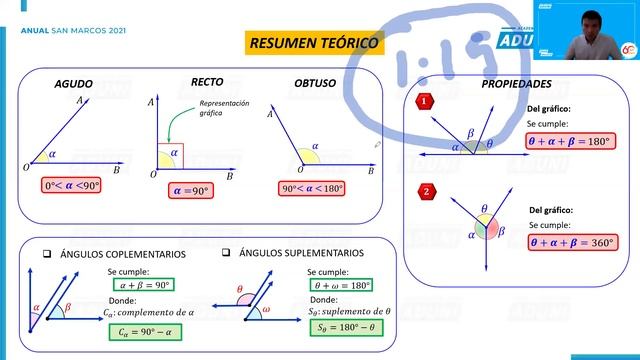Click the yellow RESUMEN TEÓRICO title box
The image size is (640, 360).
coord(313,44)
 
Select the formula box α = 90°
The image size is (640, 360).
coord(191,189)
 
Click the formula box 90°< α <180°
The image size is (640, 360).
coord(312,188)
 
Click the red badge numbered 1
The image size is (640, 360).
coord(425,101)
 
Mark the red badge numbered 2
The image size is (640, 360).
coord(427,191)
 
